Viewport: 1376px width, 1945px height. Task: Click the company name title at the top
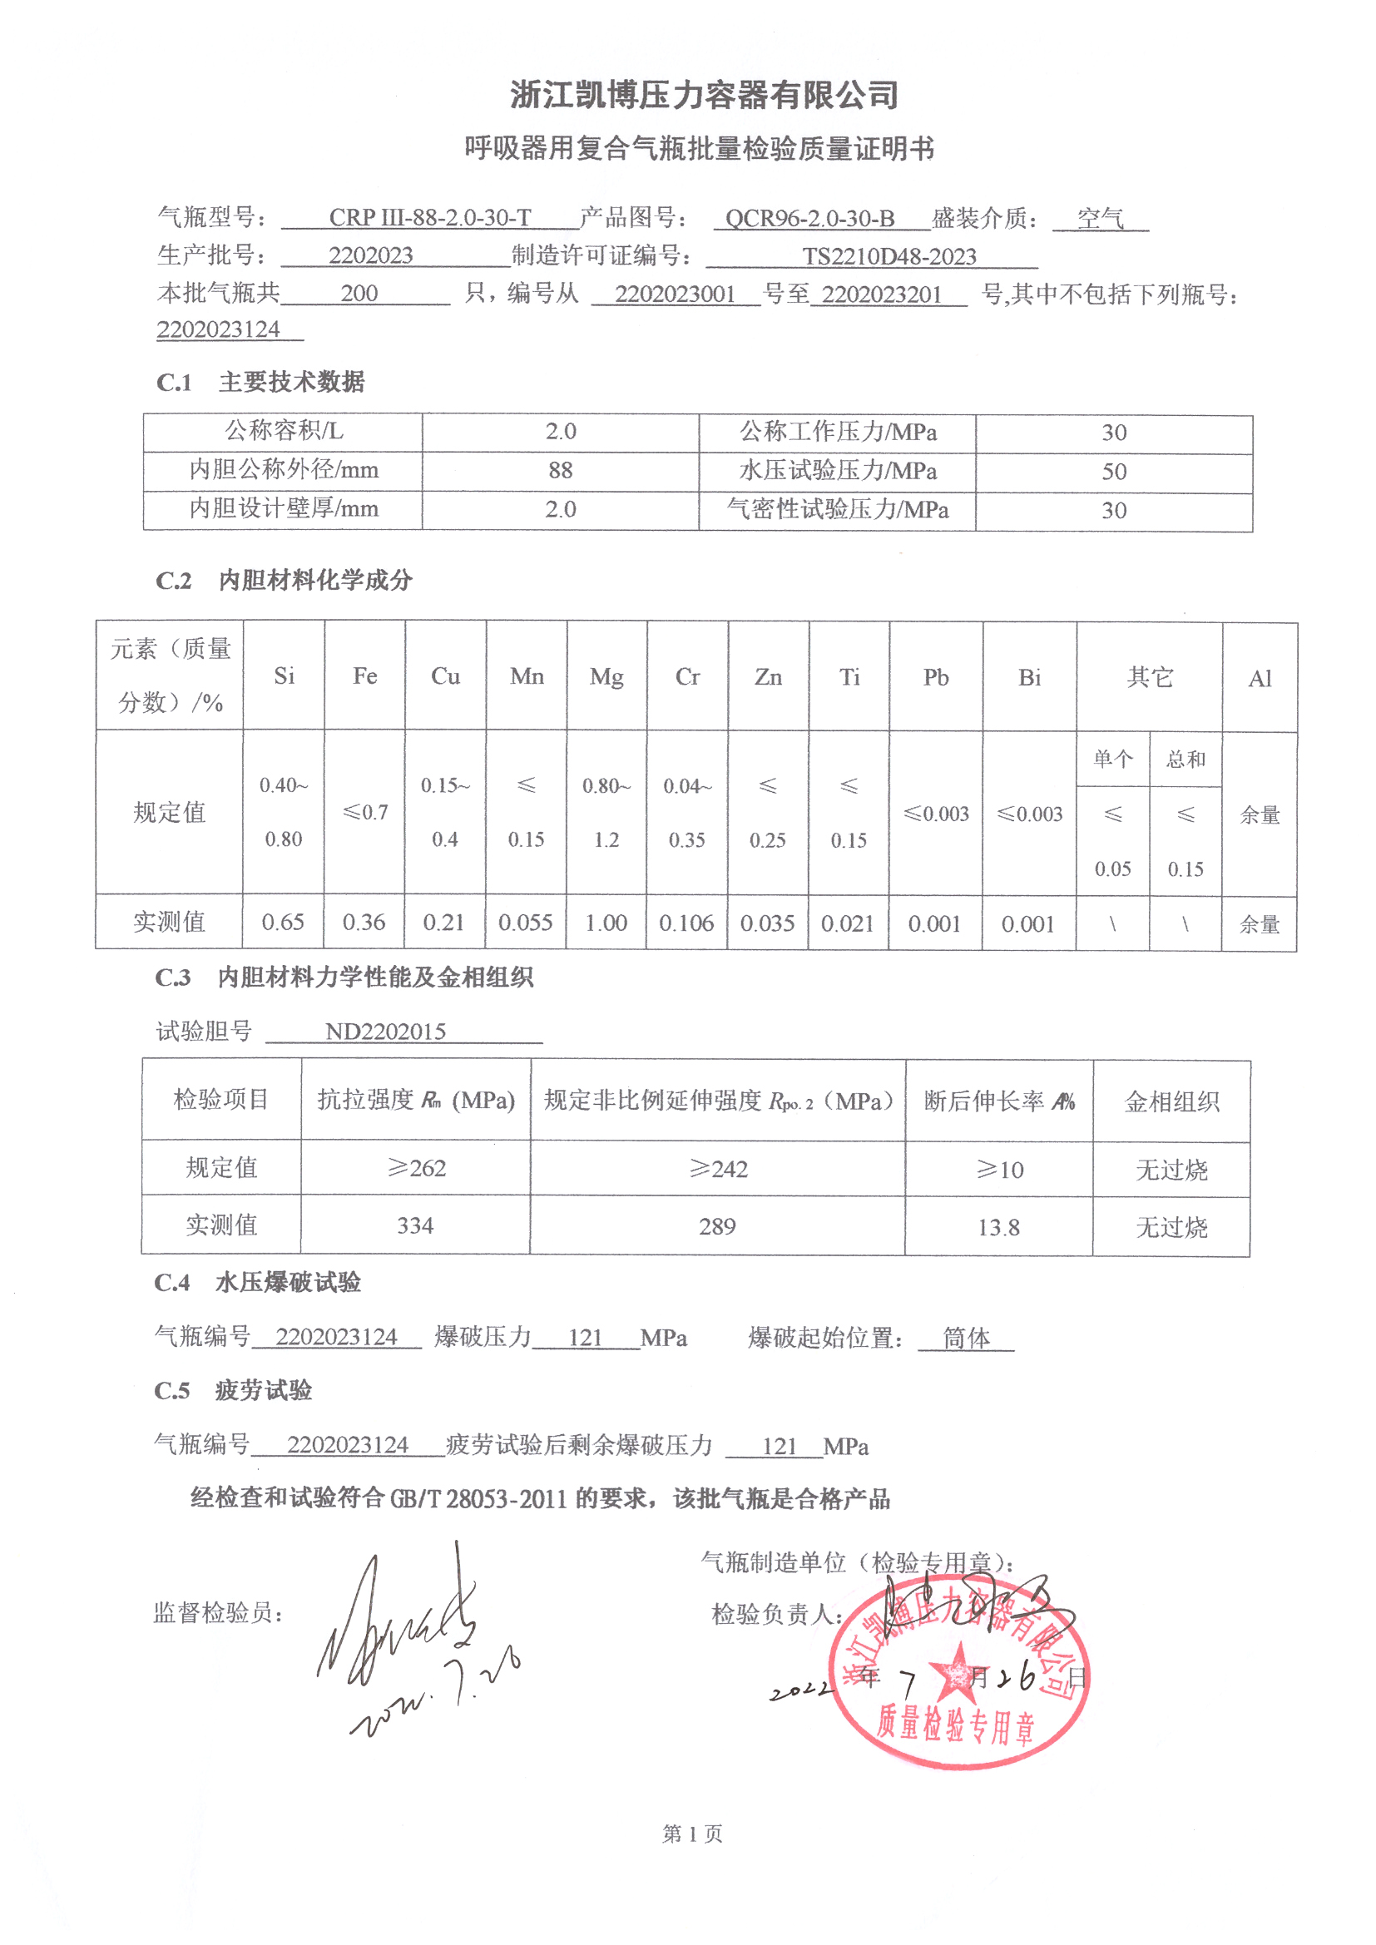(703, 95)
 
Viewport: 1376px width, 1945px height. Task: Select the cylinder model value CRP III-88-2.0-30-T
(429, 219)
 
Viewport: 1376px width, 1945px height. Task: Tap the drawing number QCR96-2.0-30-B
(809, 219)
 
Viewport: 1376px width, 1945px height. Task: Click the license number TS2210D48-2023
(888, 257)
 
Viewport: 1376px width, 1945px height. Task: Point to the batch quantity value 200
(359, 294)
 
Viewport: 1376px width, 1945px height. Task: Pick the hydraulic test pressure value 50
(1113, 472)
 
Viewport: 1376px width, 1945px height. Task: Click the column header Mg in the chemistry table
(606, 677)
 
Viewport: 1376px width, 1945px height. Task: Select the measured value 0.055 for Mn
(525, 923)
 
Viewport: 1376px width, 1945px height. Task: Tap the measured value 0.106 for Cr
(686, 923)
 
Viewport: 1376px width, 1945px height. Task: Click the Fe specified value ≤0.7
(365, 814)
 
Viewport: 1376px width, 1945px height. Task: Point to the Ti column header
(849, 678)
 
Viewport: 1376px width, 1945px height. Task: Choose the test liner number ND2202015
(385, 1032)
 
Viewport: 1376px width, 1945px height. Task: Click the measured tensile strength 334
(415, 1225)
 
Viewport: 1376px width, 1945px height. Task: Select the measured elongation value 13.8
(998, 1228)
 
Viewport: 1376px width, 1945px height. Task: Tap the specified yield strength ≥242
(718, 1170)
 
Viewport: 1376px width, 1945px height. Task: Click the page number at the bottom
(691, 1834)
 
